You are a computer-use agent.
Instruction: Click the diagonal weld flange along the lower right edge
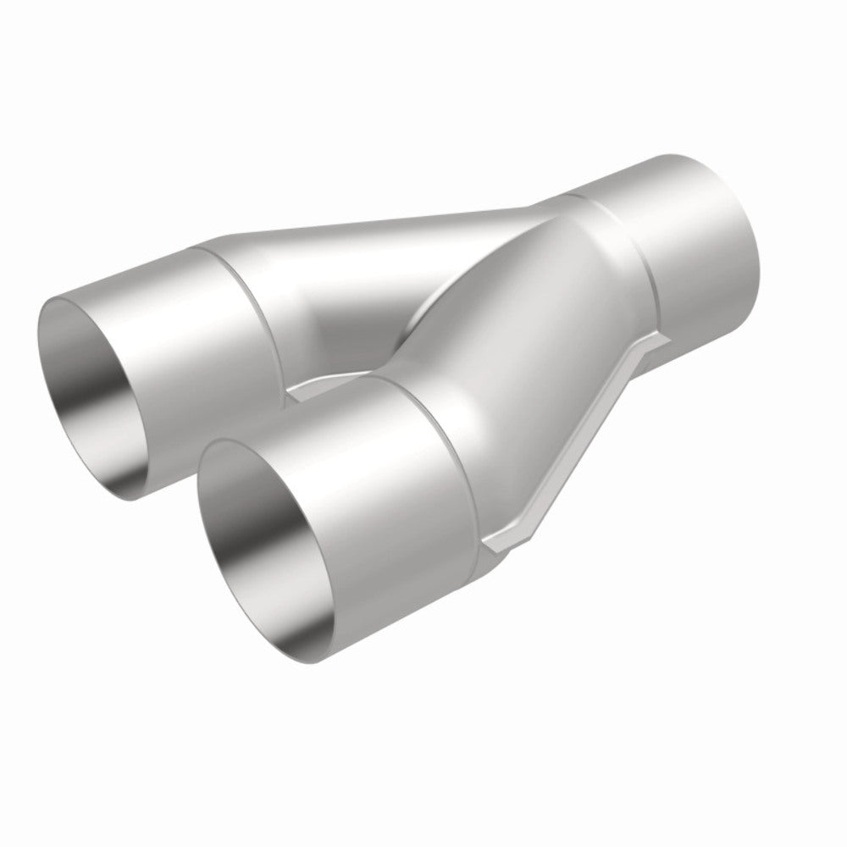click(x=584, y=440)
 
